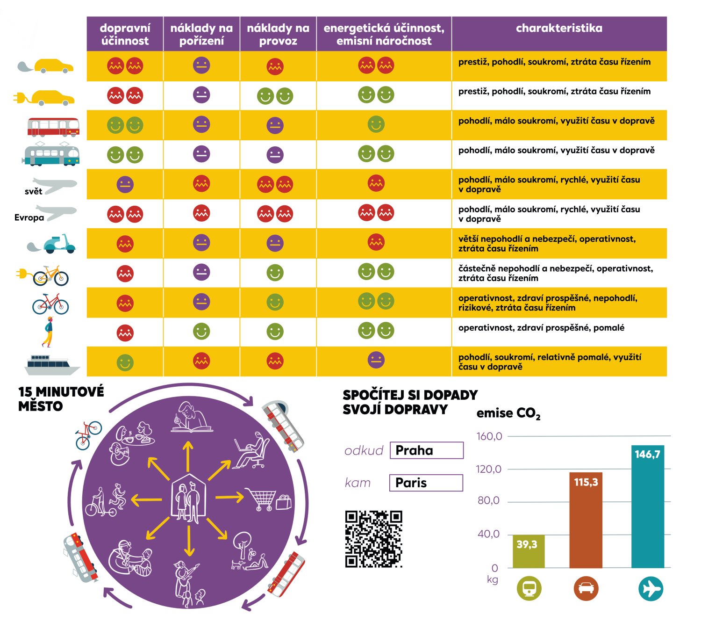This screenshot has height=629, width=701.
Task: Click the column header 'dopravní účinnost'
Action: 125,34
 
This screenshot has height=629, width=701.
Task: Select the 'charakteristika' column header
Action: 559,29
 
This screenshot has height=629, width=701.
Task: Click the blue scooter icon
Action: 58,244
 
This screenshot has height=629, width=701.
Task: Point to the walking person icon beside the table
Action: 48,332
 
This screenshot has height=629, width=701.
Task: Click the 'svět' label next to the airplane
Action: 33,191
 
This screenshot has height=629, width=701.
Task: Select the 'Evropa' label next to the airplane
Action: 29,217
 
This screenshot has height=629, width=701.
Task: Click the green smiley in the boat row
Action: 125,362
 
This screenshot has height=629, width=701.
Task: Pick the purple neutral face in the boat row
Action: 376,360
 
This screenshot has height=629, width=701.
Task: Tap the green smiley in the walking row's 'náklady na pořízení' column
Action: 201,332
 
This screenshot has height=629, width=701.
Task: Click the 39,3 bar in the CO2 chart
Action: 529,551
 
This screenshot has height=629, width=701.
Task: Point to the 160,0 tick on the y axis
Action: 489,436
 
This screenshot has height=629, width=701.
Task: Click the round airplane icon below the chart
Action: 651,588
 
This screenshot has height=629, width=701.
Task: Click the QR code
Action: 374,539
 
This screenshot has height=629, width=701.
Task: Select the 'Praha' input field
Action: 426,450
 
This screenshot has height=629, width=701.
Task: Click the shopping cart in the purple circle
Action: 261,499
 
